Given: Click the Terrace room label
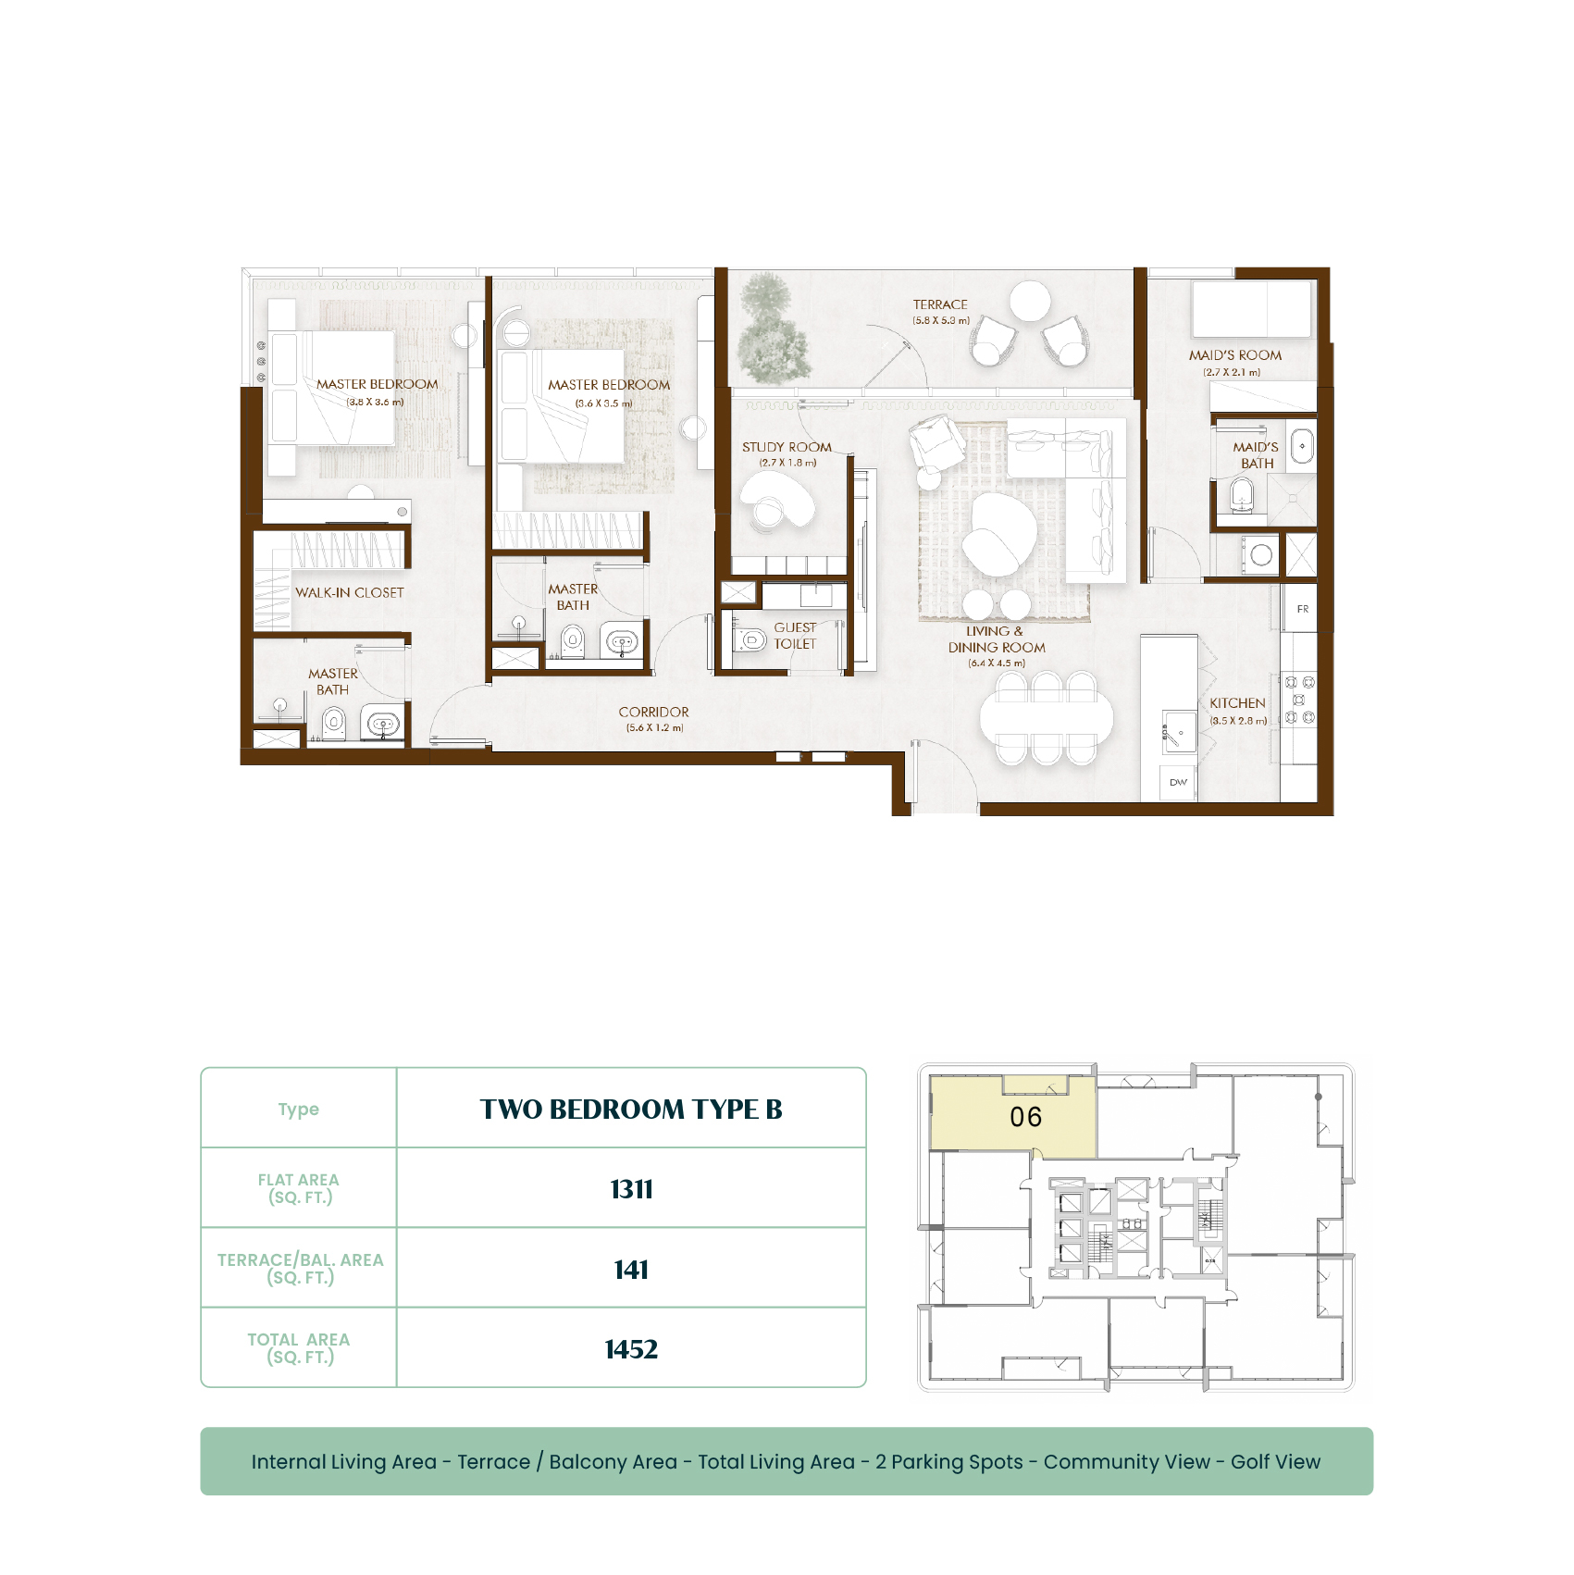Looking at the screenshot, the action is click(940, 304).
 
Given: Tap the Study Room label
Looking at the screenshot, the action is click(787, 447).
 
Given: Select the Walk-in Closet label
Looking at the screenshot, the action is click(350, 592).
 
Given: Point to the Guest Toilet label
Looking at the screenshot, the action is click(795, 636).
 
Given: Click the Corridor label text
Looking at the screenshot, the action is click(653, 712).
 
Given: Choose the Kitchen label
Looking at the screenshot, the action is click(1237, 703).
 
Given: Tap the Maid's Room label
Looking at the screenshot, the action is click(1235, 355).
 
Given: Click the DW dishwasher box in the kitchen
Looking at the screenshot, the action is click(1178, 783).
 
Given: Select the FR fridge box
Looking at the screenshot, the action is click(1301, 608).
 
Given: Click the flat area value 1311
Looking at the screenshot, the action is click(631, 1189).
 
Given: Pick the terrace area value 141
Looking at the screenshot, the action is click(631, 1270).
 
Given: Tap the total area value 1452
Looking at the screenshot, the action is click(631, 1349).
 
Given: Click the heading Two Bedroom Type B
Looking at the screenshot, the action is click(631, 1110).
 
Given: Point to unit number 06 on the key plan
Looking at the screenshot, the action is click(1025, 1117).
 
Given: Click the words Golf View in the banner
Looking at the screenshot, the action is click(1275, 1462).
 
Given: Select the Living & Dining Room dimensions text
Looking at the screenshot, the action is click(997, 663).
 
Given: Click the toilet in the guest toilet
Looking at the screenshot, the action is click(750, 639).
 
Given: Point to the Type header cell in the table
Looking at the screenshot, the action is click(299, 1110).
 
